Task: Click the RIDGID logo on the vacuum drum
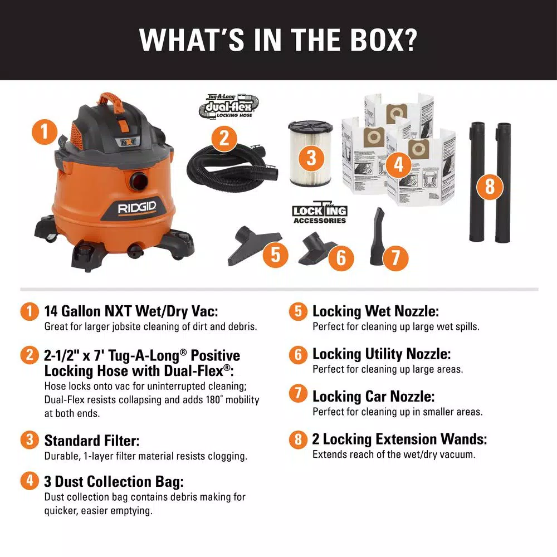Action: (137, 208)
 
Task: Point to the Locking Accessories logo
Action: (320, 214)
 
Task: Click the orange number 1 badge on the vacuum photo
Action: (45, 133)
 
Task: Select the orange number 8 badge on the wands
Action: (490, 186)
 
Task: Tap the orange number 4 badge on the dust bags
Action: (398, 164)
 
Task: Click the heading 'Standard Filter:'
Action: (92, 441)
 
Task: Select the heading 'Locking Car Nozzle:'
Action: (374, 397)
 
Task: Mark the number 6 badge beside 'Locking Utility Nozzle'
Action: (298, 354)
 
